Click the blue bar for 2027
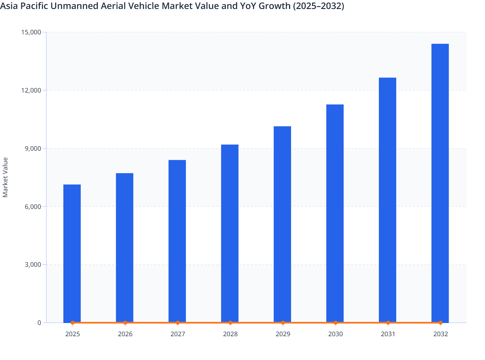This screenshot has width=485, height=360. (177, 241)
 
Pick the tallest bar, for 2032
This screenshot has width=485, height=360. (440, 183)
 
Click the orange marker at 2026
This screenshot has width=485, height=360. (125, 323)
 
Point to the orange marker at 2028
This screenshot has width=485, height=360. (230, 323)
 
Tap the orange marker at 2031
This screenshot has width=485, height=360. (388, 323)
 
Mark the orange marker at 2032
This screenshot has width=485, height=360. (441, 323)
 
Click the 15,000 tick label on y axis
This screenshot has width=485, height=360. (31, 32)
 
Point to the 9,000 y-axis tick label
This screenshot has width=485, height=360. (32, 148)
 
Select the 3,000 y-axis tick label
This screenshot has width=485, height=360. (32, 265)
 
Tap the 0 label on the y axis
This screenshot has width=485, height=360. (39, 323)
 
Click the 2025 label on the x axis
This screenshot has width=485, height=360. (72, 334)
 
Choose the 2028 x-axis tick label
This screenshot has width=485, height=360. (230, 334)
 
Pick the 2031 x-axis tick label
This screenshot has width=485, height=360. (388, 334)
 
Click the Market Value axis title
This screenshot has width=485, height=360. (5, 177)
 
